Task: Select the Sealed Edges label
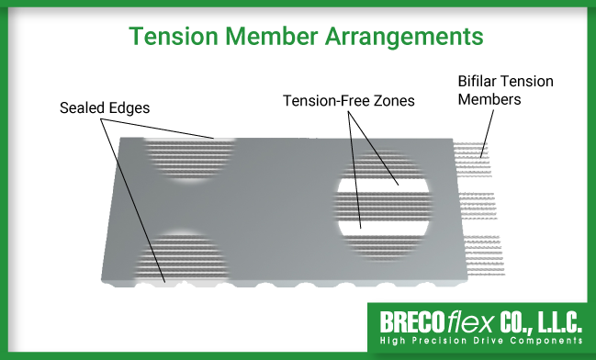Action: (104, 107)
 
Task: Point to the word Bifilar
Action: (478, 81)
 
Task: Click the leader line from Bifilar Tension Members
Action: (487, 125)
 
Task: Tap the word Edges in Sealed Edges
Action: (129, 107)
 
